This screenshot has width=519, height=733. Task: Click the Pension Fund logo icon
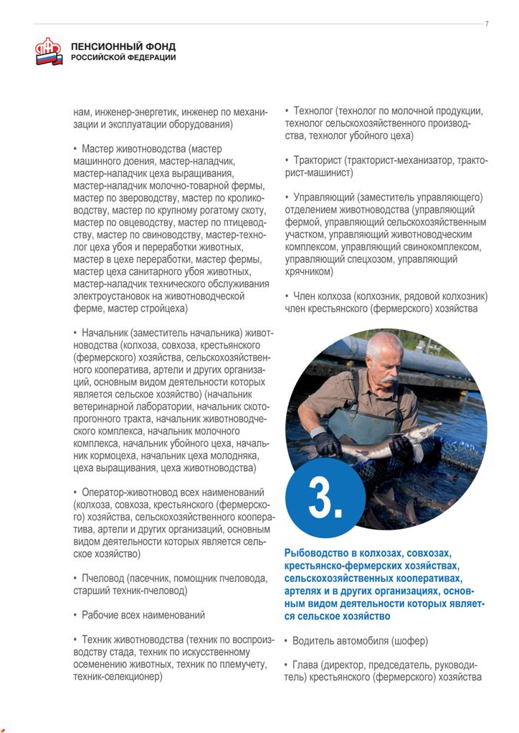49,52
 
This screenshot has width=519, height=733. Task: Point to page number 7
487,24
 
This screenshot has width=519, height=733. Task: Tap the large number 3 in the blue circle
325,499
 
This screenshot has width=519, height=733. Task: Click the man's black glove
328,443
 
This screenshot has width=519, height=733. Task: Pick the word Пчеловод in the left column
103,578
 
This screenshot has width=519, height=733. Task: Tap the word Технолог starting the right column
314,111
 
